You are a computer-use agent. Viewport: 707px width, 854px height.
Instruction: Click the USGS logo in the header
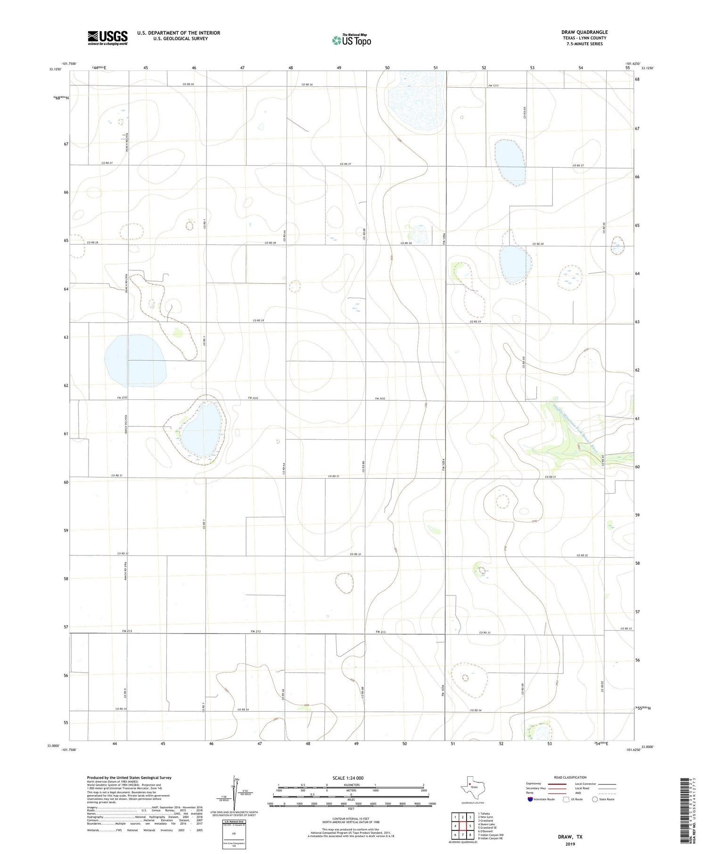pos(107,38)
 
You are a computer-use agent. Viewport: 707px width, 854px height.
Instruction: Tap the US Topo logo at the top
pos(351,40)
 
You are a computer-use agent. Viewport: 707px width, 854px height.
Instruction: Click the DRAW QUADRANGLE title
pos(584,32)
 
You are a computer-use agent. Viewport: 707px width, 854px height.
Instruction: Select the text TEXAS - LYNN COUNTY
pos(584,38)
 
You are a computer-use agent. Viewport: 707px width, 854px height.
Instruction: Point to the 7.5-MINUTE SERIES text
pos(584,44)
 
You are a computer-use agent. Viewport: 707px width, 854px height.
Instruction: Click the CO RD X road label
pos(125,693)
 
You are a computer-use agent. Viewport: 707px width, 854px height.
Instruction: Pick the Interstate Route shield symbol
pos(530,799)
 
